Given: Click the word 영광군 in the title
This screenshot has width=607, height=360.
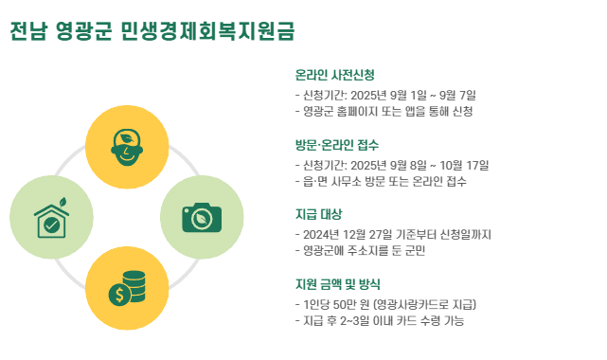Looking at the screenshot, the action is click(83, 31).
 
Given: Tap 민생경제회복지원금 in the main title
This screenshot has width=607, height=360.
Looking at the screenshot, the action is click(207, 31).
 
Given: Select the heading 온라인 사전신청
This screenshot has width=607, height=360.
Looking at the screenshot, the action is click(335, 75).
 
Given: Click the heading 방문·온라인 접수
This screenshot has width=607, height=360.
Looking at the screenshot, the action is click(337, 145).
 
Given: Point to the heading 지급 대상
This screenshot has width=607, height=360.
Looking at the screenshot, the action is click(318, 214).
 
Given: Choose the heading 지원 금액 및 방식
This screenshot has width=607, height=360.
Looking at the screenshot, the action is click(337, 284).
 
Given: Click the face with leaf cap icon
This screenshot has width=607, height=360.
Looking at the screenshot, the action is click(127, 147).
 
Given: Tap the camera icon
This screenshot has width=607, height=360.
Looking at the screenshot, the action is click(202, 218).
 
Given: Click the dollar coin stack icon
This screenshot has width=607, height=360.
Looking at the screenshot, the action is click(127, 288).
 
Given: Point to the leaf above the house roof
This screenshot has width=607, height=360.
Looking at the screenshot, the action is click(62, 202).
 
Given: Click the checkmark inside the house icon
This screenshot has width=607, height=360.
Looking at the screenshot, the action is click(51, 225).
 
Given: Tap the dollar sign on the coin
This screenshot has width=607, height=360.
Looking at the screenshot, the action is click(119, 295).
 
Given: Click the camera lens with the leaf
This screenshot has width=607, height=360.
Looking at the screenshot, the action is click(202, 219).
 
